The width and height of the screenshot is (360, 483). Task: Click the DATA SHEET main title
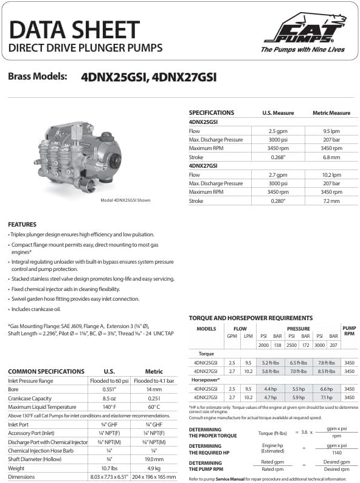pos(75,29)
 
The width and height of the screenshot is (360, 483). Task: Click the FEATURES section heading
pos(22,224)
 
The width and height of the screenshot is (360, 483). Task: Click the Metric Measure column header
pos(331,113)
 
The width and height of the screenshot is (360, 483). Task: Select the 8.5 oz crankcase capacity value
pos(109,399)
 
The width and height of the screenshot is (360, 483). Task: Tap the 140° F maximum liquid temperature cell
pos(109,406)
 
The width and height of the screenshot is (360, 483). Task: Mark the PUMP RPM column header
pos(348,332)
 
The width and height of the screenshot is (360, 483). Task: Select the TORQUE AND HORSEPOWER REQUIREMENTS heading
pos(251,318)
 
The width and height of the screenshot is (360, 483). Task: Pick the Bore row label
pos(15,389)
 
